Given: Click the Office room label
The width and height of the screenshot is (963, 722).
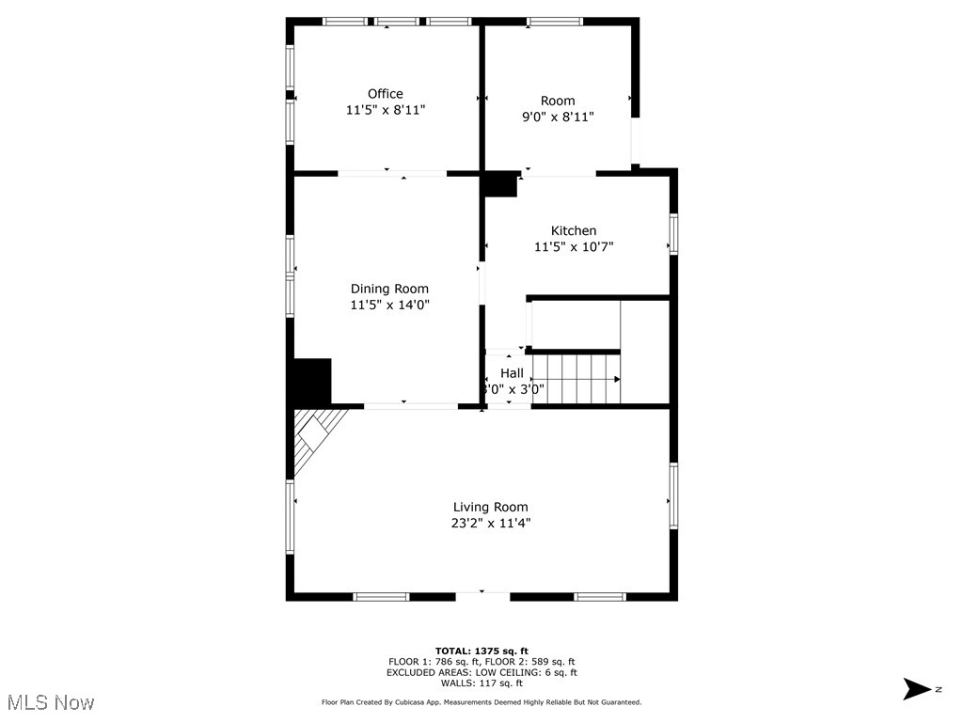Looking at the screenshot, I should (x=386, y=94).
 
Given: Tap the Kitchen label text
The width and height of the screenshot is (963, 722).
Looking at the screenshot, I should (x=574, y=231).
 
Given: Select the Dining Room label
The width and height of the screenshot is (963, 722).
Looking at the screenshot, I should (x=389, y=289).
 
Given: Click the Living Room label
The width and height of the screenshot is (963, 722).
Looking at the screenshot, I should (x=491, y=508).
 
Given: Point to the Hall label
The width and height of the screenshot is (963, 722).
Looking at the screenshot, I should (x=513, y=373).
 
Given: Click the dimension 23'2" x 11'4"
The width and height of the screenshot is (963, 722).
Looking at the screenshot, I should (x=491, y=524).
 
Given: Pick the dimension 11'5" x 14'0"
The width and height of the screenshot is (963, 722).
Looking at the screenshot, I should (x=389, y=305).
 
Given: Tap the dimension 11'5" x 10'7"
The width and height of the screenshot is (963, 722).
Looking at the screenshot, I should (x=574, y=247).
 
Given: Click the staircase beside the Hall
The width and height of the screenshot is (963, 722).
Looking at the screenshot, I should (x=575, y=379).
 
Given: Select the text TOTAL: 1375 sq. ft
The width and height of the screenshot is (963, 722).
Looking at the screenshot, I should (x=481, y=651).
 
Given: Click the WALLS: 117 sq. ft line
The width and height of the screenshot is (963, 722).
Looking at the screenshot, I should (x=481, y=683).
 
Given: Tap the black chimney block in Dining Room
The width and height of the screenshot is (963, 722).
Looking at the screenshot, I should (x=311, y=382).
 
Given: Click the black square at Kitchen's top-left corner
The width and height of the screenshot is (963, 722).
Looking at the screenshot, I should (x=500, y=184).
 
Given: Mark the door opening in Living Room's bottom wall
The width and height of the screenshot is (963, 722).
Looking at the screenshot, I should (x=482, y=594).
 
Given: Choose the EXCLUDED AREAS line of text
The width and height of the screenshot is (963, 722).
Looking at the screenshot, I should (x=481, y=672).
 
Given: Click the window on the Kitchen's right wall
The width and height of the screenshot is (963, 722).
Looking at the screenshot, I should (x=673, y=234).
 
